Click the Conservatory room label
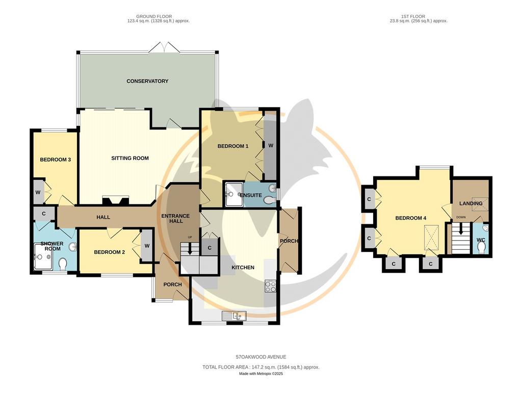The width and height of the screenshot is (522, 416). pyautogui.click(x=147, y=81)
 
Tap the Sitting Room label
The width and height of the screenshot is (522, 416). pyautogui.click(x=130, y=158)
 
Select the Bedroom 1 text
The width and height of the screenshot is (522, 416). pyautogui.click(x=233, y=146)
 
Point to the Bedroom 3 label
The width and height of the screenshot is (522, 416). pyautogui.click(x=55, y=160)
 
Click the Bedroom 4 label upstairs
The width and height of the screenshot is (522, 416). pyautogui.click(x=411, y=218)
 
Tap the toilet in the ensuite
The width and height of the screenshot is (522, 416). pyautogui.click(x=269, y=200)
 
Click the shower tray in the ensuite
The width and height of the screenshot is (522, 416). pyautogui.click(x=234, y=194)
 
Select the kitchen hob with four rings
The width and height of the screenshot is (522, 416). pyautogui.click(x=270, y=287)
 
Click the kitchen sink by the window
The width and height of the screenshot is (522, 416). pyautogui.click(x=234, y=316)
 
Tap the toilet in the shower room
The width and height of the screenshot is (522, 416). pyautogui.click(x=63, y=264)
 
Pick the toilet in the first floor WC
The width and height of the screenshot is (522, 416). pyautogui.click(x=481, y=248)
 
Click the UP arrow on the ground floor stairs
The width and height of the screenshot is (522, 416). pyautogui.click(x=190, y=249)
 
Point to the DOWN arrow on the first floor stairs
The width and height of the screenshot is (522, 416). pyautogui.click(x=461, y=228)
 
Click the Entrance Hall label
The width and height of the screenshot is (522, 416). pyautogui.click(x=175, y=218)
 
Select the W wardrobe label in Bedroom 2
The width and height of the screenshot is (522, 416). pyautogui.click(x=147, y=246)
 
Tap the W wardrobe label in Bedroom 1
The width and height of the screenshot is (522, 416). pyautogui.click(x=271, y=145)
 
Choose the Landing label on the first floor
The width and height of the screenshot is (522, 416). pyautogui.click(x=471, y=203)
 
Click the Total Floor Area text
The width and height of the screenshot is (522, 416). pyautogui.click(x=261, y=368)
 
